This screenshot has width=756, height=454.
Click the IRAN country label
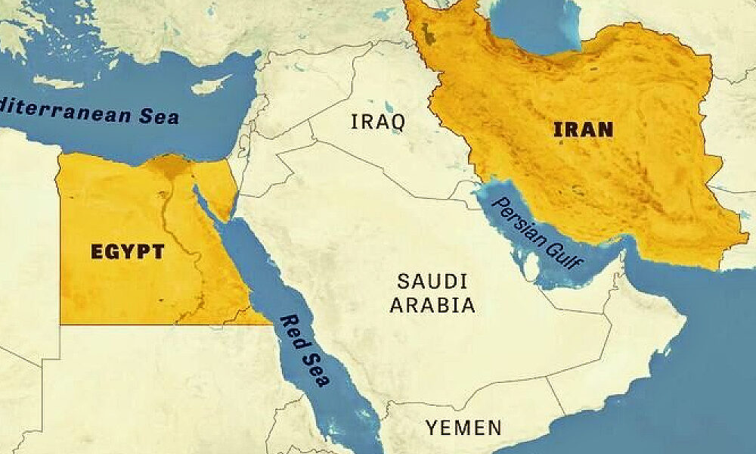click(583, 129)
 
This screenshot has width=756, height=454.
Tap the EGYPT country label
click(127, 251)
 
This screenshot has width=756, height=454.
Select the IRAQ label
click(378, 121)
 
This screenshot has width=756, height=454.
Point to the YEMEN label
click(463, 428)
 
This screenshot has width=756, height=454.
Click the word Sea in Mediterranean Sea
click(160, 117)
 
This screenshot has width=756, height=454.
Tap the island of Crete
click(57, 82)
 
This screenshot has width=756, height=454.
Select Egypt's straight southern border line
click(151, 325)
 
